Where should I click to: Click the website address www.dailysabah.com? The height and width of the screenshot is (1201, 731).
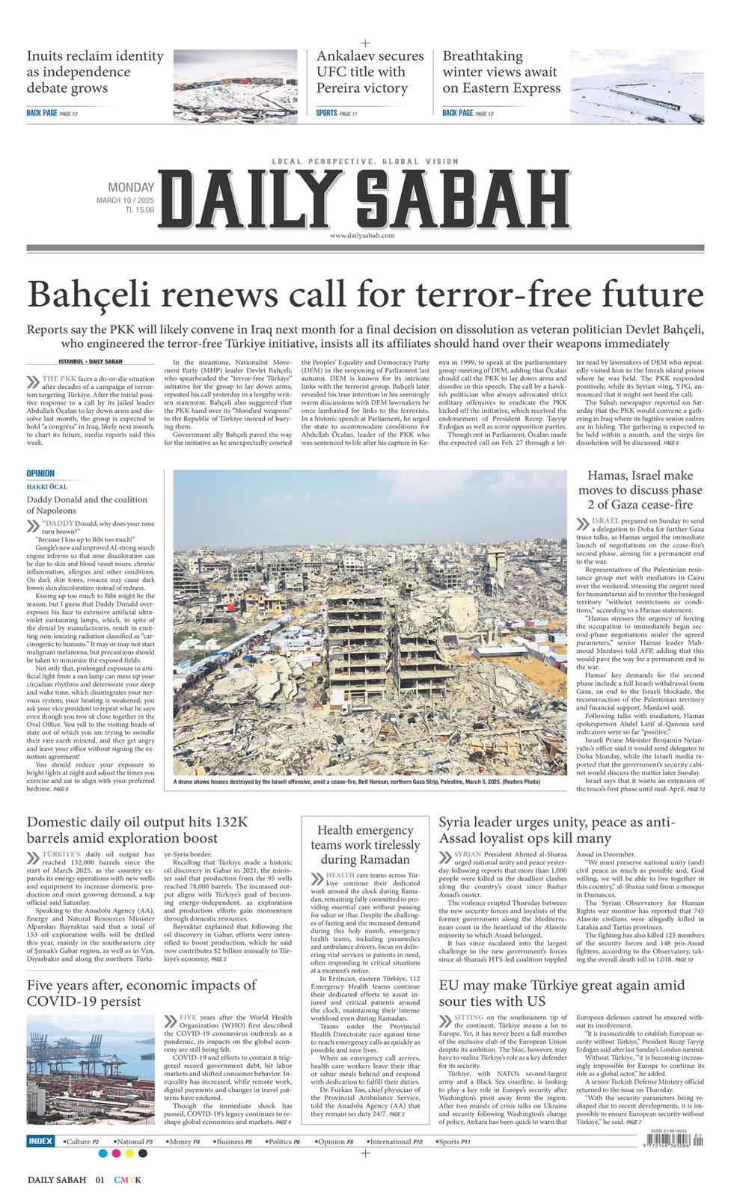click(x=361, y=236)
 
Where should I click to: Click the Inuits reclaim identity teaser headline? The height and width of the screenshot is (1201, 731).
click(x=95, y=72)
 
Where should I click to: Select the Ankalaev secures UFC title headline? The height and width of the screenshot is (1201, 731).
click(x=370, y=72)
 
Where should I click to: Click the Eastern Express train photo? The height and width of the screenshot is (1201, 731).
click(x=637, y=85)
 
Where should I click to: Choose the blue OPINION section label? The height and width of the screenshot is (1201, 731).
click(x=40, y=473)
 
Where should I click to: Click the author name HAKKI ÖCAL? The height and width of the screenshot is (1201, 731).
click(x=46, y=487)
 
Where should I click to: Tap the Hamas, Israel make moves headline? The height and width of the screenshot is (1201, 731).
click(x=640, y=490)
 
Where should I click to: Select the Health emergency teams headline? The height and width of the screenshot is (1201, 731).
click(x=365, y=844)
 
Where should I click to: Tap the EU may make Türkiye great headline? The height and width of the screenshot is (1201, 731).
click(x=561, y=993)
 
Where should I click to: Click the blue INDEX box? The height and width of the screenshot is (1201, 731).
click(x=40, y=1141)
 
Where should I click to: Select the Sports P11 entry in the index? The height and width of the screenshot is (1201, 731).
click(x=454, y=1142)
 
